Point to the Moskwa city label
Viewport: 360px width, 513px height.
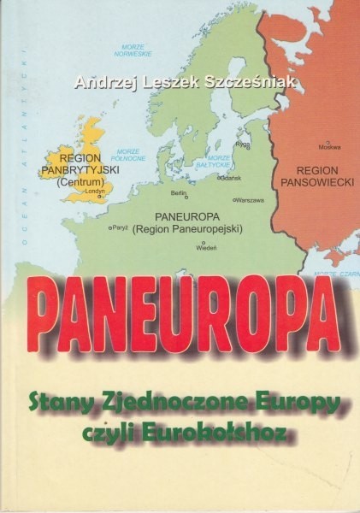[328, 146]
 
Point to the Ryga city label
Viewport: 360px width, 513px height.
[242, 144]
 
